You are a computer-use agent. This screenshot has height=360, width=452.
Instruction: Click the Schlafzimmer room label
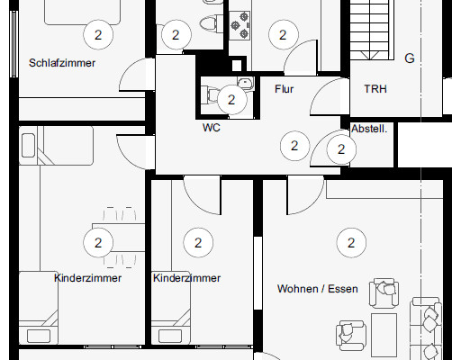point(62,64)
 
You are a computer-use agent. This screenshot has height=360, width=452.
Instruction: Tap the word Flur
point(285,88)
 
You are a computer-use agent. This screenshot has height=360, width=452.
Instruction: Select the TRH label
point(375,89)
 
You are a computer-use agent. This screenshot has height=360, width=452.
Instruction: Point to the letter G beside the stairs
point(409,58)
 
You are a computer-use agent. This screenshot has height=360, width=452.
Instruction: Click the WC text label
point(211,128)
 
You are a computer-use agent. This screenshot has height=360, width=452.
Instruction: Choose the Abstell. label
point(369,129)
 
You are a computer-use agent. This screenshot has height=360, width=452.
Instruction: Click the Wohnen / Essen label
point(317,290)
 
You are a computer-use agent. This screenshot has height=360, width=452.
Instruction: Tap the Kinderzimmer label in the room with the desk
point(87,278)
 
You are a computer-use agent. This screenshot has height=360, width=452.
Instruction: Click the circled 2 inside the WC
point(231,100)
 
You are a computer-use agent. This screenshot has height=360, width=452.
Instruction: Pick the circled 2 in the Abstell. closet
point(341,149)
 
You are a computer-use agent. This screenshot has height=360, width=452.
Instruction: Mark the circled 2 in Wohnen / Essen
point(350,241)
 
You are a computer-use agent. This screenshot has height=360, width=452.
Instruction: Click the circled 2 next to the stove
point(283,35)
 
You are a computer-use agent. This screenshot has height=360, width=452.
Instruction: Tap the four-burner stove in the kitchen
point(240,28)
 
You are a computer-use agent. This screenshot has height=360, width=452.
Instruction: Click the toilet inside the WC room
point(210,93)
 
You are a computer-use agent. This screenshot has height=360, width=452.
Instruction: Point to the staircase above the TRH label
point(371,27)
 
